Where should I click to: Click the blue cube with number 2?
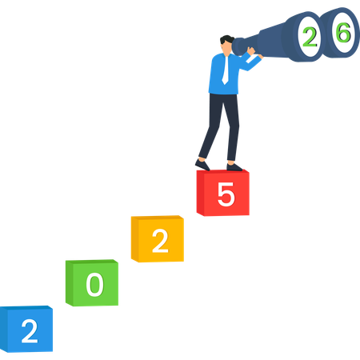pos(26,329)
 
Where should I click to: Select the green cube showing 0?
pos(92,282)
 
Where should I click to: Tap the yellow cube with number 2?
pos(158,238)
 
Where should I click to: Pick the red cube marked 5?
pos(223,193)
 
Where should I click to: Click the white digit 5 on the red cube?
pos(226,194)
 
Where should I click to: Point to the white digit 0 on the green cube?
pos(94,285)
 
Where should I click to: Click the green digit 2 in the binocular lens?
pos(310,38)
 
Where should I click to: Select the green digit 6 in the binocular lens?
pos(343,33)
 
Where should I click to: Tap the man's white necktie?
pos(226,70)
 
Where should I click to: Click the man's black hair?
pos(226,39)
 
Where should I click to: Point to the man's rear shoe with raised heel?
pos(202,165)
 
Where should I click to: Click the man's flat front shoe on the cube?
pos(234,167)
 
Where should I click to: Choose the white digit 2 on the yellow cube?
pos(160,241)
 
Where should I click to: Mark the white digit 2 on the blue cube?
pos(30,331)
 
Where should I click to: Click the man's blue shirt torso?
pos(223,74)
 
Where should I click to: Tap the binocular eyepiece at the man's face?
pos(238,46)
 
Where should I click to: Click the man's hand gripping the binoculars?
pos(251,50)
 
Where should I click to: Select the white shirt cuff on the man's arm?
pos(250,60)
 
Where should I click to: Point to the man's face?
pos(226,49)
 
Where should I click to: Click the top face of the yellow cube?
pos(158,218)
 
